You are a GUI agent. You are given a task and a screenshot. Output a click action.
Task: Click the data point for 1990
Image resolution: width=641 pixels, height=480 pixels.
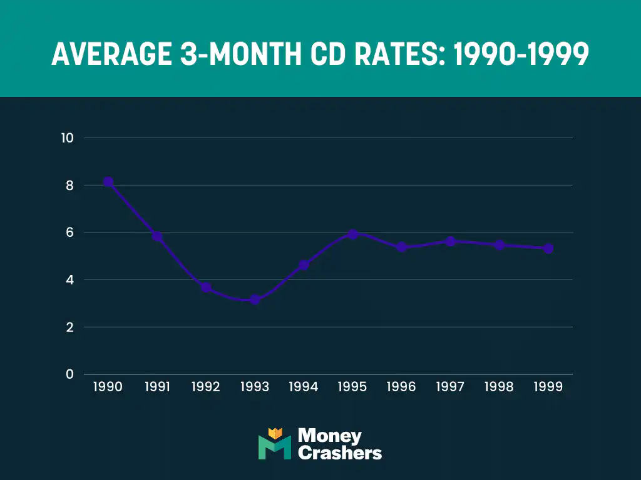point(108,182)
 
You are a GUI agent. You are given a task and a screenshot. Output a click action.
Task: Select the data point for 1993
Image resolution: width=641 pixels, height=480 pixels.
point(255,300)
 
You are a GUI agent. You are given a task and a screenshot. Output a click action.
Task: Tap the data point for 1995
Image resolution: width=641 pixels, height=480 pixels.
point(352,234)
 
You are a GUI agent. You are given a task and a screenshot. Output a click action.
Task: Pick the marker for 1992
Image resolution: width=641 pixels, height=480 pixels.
point(206,287)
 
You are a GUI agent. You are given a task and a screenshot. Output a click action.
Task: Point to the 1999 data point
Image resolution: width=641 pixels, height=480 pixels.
point(548,248)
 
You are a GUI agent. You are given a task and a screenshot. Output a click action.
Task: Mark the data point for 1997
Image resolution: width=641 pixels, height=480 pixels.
point(450,241)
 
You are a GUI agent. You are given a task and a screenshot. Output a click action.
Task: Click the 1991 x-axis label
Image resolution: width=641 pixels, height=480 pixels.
point(157,387)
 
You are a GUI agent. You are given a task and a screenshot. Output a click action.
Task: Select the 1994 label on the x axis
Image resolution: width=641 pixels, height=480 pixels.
point(304,387)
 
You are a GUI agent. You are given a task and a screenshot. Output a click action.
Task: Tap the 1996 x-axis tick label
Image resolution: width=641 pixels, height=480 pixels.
point(401,387)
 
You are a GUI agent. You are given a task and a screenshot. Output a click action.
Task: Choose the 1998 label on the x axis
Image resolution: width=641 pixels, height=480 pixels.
point(499,387)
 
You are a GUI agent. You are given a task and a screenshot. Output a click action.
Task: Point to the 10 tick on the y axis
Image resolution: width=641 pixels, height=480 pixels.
point(67,138)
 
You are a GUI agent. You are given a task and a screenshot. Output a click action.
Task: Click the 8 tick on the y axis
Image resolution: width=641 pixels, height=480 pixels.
point(70,186)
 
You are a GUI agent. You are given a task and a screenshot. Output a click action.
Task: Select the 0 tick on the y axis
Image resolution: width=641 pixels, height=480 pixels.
point(70,374)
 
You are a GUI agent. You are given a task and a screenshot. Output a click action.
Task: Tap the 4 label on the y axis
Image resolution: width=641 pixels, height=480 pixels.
point(70,280)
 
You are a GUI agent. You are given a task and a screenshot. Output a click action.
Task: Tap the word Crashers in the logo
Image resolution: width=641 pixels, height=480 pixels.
point(339,453)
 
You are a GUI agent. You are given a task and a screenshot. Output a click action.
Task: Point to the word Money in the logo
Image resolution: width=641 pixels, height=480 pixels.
point(329,436)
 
